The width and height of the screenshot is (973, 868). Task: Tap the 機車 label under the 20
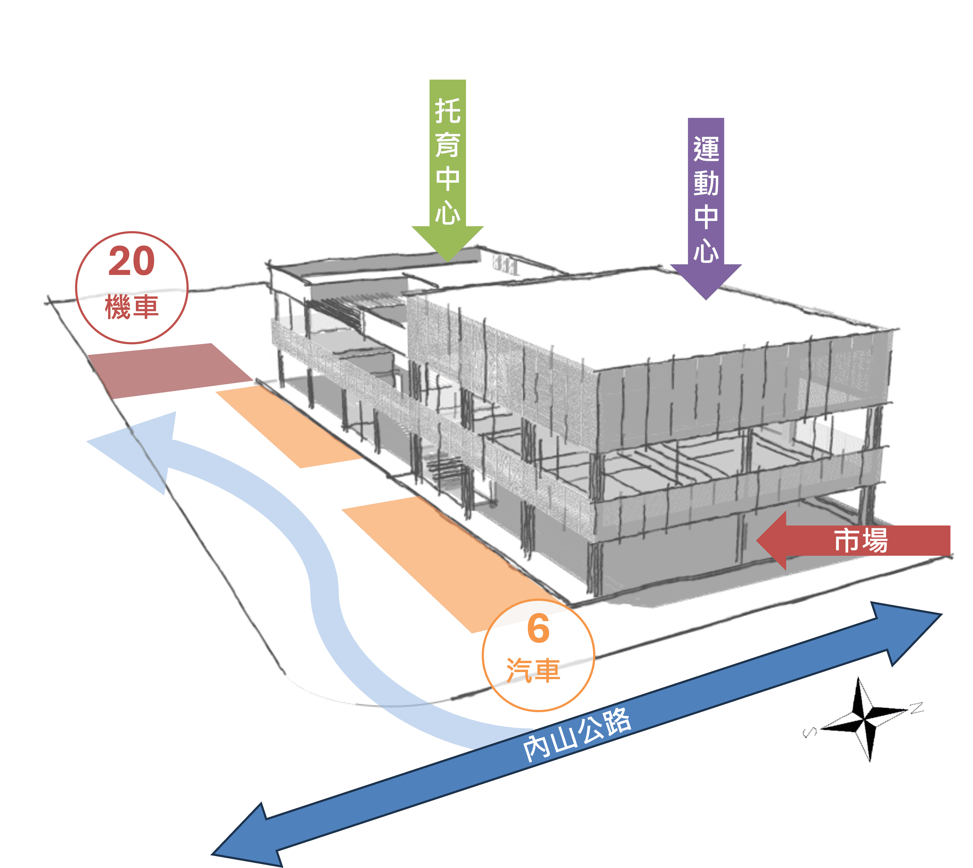point(132,307)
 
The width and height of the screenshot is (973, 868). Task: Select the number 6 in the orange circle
point(538,629)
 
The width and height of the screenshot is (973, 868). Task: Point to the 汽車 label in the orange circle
point(534,670)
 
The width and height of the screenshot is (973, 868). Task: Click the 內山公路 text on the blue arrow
point(577,734)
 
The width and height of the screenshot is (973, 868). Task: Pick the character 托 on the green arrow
point(448,111)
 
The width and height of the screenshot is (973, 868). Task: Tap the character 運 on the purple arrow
point(706,149)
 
